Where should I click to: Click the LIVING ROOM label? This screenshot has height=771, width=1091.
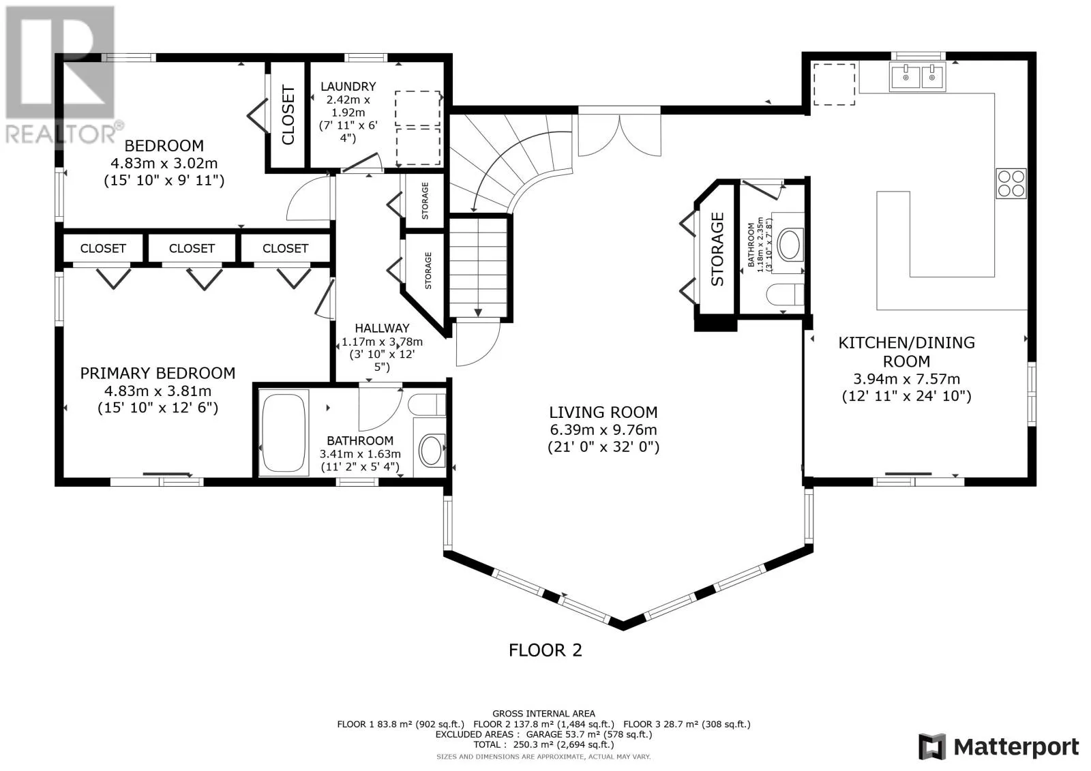603,412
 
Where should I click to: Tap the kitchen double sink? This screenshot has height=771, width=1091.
918,76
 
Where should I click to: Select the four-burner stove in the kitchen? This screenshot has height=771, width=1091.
1011,183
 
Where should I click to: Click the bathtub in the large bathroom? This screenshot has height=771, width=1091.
284,432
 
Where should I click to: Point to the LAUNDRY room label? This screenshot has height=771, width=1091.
348,87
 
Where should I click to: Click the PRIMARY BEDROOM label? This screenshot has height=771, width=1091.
158,374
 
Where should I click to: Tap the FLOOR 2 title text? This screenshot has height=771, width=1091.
545,650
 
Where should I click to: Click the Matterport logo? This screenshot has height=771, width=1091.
999,746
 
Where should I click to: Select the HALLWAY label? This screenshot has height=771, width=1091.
382,329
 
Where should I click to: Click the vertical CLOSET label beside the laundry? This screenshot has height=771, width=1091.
288,115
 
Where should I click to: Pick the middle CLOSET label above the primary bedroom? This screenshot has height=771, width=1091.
192,248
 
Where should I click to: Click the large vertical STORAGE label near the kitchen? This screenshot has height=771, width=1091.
717,249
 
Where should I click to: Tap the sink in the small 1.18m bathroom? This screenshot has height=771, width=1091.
788,245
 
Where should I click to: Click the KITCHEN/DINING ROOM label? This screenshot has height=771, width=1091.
906,352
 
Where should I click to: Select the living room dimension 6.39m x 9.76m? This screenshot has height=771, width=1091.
603,430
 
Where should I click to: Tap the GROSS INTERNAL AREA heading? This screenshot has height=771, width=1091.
543,714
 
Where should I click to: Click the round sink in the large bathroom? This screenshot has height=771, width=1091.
431,450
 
